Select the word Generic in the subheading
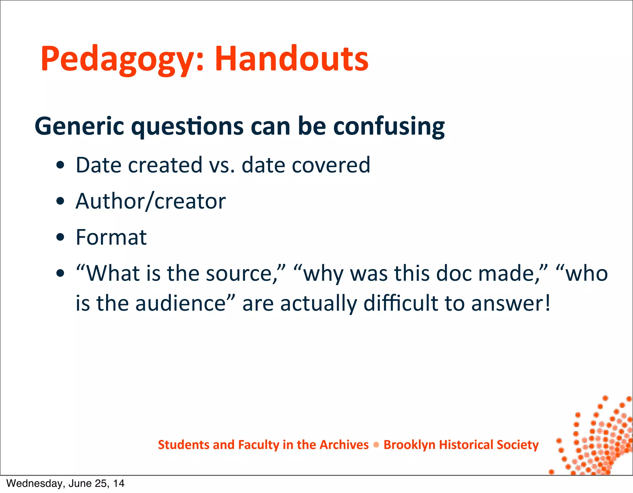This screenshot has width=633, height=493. (x=79, y=126)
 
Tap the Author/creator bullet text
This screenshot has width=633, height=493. (x=151, y=201)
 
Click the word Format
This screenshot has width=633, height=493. (x=111, y=237)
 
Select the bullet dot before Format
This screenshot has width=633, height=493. (x=61, y=237)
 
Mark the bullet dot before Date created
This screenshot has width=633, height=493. (x=61, y=165)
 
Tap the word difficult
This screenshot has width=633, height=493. (x=401, y=303)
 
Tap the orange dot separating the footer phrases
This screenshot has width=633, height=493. (x=376, y=445)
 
